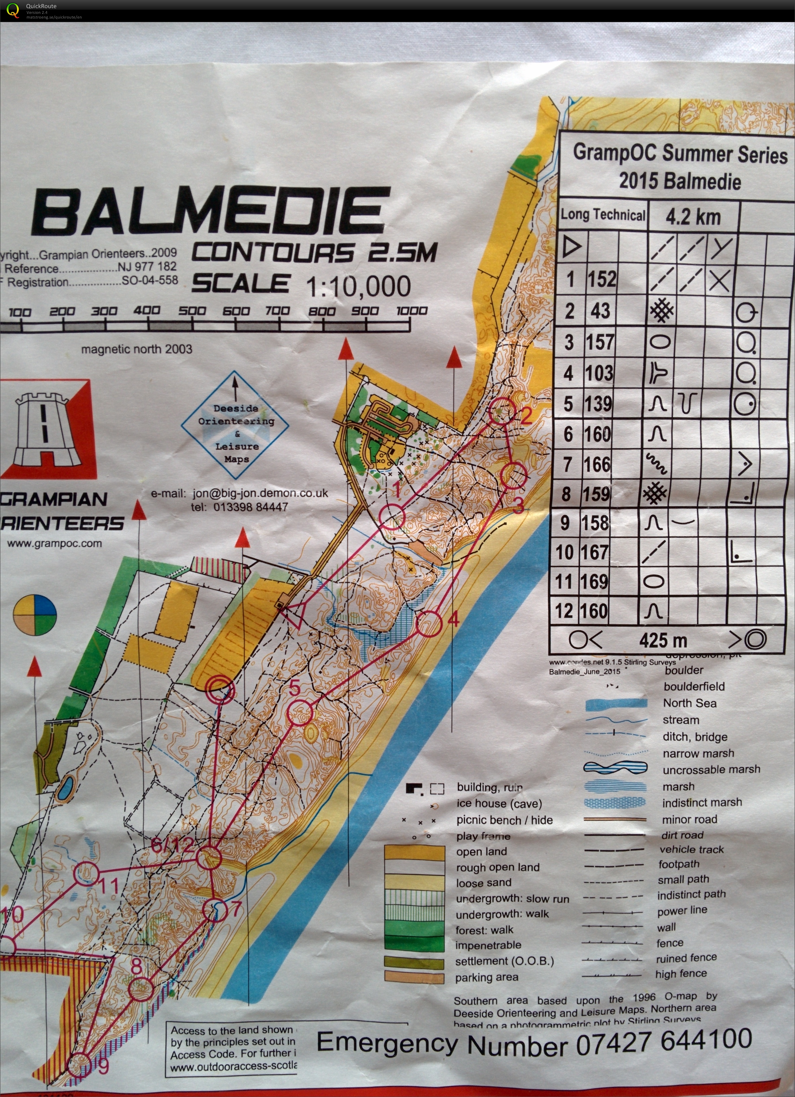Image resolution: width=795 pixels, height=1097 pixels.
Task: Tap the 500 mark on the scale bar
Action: tap(192, 311)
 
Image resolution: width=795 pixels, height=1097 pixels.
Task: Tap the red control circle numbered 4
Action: tap(429, 624)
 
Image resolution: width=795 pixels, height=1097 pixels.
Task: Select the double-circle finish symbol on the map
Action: tap(220, 689)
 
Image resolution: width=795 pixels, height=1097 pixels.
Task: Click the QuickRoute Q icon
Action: tap(12, 10)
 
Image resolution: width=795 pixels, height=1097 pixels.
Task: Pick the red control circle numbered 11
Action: tap(87, 874)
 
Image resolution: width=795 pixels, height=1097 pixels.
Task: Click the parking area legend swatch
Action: tap(414, 977)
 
